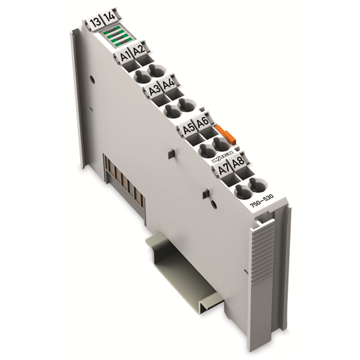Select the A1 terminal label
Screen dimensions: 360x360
pyautogui.click(x=125, y=56)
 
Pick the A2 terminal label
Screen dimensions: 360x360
pyautogui.click(x=138, y=51)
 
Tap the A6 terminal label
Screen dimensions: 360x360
pyautogui.click(x=203, y=124)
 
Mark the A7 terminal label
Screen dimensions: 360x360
pyautogui.click(x=224, y=167)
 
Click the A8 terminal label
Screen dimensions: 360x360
pyautogui.click(x=238, y=162)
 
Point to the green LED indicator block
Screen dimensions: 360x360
pyautogui.click(x=115, y=39)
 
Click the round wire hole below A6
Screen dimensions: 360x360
pyautogui.click(x=222, y=147)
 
